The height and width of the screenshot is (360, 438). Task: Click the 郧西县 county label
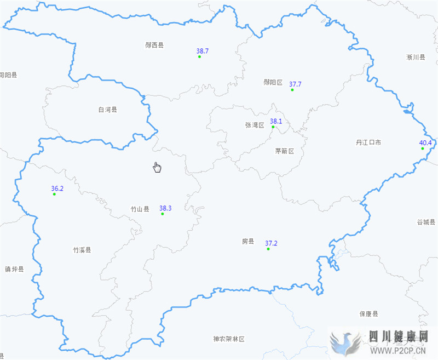pyautogui.click(x=154, y=45)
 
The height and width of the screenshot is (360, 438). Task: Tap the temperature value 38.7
pyautogui.click(x=202, y=51)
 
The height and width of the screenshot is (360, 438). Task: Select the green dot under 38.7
pyautogui.click(x=199, y=57)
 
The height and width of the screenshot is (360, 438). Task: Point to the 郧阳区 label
pyautogui.click(x=273, y=83)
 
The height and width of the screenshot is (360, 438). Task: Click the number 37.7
pyautogui.click(x=295, y=84)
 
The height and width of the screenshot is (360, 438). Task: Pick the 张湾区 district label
pyautogui.click(x=255, y=125)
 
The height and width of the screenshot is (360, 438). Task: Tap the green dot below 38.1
pyautogui.click(x=273, y=127)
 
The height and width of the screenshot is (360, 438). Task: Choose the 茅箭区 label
pyautogui.click(x=284, y=151)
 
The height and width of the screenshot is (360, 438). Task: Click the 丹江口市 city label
pyautogui.click(x=368, y=142)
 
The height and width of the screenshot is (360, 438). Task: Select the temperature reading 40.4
pyautogui.click(x=425, y=143)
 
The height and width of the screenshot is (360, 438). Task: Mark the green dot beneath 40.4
pyautogui.click(x=423, y=148)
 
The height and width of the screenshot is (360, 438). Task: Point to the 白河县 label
pyautogui.click(x=108, y=110)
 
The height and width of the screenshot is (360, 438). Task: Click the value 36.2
pyautogui.click(x=57, y=188)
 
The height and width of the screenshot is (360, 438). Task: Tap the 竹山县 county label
pyautogui.click(x=140, y=209)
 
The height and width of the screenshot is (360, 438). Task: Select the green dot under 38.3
pyautogui.click(x=163, y=214)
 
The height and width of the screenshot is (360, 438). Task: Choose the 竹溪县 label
pyautogui.click(x=82, y=250)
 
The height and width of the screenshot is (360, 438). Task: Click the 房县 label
pyautogui.click(x=248, y=241)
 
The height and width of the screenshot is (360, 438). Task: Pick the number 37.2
pyautogui.click(x=271, y=243)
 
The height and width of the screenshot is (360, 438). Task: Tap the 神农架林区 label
pyautogui.click(x=229, y=339)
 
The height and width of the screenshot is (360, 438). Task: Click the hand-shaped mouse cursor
pyautogui.click(x=157, y=167)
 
